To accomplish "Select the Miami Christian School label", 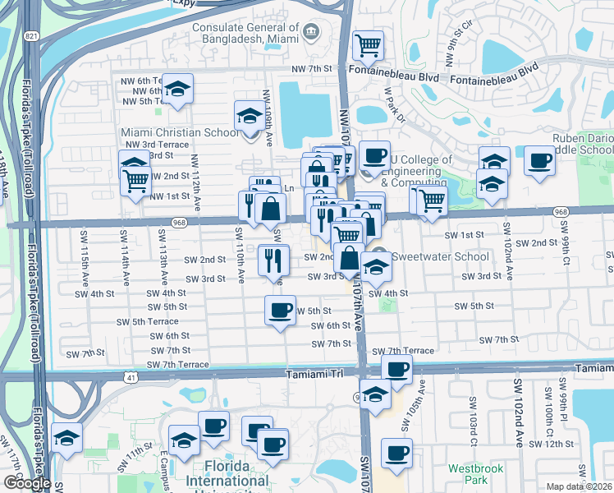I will (181, 132).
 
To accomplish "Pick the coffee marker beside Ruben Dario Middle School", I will (539, 160).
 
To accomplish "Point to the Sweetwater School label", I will (429, 256).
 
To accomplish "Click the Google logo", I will (28, 482).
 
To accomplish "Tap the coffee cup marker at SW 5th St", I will (280, 311).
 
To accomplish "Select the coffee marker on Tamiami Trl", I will (396, 372).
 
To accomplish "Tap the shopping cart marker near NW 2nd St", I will (135, 180).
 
